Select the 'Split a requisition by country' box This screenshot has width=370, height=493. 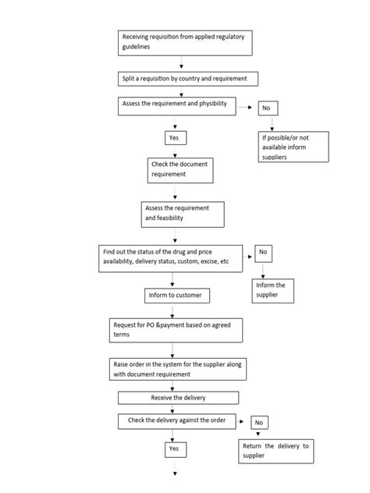click(188, 79)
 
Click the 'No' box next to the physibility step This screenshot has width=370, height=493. click(267, 108)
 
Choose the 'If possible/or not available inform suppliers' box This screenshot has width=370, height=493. click(294, 146)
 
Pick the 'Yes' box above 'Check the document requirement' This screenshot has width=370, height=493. click(176, 138)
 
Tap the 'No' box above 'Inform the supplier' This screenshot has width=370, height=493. click(262, 254)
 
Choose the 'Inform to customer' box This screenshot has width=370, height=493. click(177, 296)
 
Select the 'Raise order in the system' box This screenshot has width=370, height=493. click(176, 369)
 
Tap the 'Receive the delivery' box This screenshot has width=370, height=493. click(178, 397)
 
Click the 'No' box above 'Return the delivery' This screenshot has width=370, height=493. click(258, 423)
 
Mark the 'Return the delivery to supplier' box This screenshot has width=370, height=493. click(276, 450)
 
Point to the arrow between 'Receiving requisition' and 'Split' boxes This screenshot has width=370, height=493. click(181, 63)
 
